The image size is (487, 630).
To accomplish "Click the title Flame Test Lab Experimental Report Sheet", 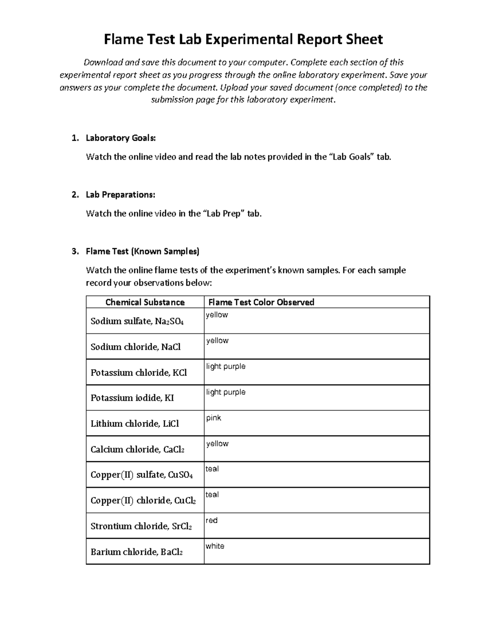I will [x=243, y=39].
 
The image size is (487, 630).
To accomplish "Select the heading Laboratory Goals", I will [x=121, y=138].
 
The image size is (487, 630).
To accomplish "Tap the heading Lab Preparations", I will [x=120, y=195].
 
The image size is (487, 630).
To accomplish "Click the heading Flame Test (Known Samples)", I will [x=142, y=252].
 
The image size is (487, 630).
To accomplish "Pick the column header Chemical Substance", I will [x=145, y=302].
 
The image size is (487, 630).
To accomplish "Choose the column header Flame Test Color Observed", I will [x=261, y=302].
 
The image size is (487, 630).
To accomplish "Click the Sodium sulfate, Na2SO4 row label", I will [x=137, y=321].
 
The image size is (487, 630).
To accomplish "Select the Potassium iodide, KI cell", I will [x=132, y=398].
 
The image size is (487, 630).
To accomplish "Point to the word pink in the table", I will [x=213, y=418].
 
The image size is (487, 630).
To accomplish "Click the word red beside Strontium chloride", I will [x=211, y=520].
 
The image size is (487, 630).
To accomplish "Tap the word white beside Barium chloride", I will [x=215, y=546].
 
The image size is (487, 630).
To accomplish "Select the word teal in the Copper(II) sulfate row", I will [x=212, y=469].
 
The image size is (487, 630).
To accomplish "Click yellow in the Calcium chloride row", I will [x=217, y=443].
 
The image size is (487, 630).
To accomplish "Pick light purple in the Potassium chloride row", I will [x=226, y=366].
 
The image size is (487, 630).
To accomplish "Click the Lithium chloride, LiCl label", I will [x=134, y=424].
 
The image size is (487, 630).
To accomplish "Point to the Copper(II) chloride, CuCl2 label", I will [x=143, y=501].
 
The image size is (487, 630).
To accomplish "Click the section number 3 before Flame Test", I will [x=74, y=252].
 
